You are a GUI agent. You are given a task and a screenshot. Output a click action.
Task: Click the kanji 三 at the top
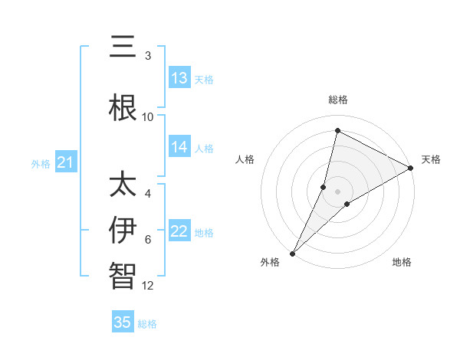pos(123,49)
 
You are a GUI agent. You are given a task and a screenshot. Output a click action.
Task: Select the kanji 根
pos(123,107)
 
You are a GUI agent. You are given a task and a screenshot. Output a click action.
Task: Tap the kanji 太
pos(123,184)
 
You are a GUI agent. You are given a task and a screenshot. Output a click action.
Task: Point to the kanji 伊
pos(123,230)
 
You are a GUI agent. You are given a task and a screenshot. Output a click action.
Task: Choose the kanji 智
pos(123,275)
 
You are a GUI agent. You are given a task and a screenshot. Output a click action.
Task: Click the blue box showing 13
pos(179,78)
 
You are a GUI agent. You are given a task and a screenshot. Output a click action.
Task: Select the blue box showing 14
pos(179,147)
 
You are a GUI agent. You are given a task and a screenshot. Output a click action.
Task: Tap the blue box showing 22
pos(179,231)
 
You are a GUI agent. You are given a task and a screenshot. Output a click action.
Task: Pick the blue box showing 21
pos(65,162)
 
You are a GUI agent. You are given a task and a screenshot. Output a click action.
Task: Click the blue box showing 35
pos(123,322)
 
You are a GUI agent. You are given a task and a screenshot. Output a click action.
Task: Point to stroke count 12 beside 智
pos(148,286)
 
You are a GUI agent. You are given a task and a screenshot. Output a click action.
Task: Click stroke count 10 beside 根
pos(148,116)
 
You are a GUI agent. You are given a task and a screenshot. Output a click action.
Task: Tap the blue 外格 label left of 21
pos(41,163)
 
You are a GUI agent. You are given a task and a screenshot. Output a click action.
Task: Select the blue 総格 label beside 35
pos(147,323)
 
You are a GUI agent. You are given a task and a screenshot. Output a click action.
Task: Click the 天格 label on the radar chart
pos(431,159)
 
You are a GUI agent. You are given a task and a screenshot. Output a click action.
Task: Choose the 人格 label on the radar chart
pos(245,159)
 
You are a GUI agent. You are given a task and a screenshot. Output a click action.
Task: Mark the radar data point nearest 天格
pos(411,168)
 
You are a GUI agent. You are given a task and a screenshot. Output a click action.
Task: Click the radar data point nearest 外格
pos(292,253)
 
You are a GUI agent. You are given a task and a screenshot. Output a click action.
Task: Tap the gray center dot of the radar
pos(337,191)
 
